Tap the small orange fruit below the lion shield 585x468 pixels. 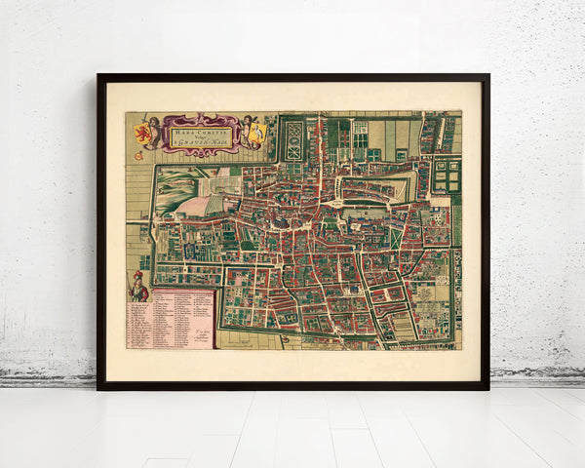(138, 155)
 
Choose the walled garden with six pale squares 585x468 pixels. (447, 175)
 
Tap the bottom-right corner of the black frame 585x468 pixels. (487, 388)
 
